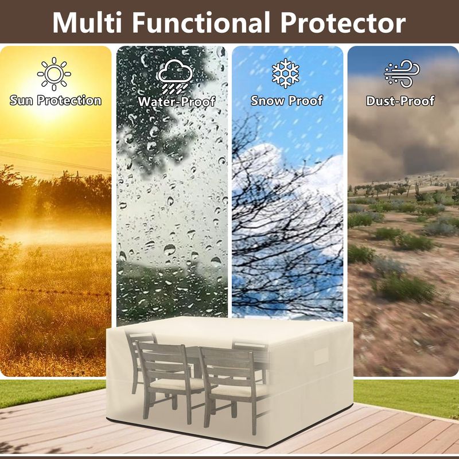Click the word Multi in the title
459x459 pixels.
pyautogui.click(x=87, y=22)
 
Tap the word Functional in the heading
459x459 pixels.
pyautogui.click(x=201, y=22)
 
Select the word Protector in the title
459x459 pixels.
pyautogui.click(x=343, y=22)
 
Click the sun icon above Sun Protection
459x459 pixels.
pyautogui.click(x=54, y=74)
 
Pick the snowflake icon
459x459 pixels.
pyautogui.click(x=285, y=73)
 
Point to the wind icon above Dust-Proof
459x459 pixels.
pyautogui.click(x=402, y=73)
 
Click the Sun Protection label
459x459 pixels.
pyautogui.click(x=56, y=100)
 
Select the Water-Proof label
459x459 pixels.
pyautogui.click(x=177, y=102)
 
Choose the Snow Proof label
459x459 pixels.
pyautogui.click(x=287, y=100)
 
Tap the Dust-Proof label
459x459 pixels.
pyautogui.click(x=400, y=101)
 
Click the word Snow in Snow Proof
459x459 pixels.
pyautogui.click(x=267, y=100)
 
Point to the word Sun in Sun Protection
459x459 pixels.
pyautogui.click(x=21, y=100)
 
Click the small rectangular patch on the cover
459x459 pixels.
pyautogui.click(x=322, y=356)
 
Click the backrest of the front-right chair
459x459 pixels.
pyautogui.click(x=226, y=366)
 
